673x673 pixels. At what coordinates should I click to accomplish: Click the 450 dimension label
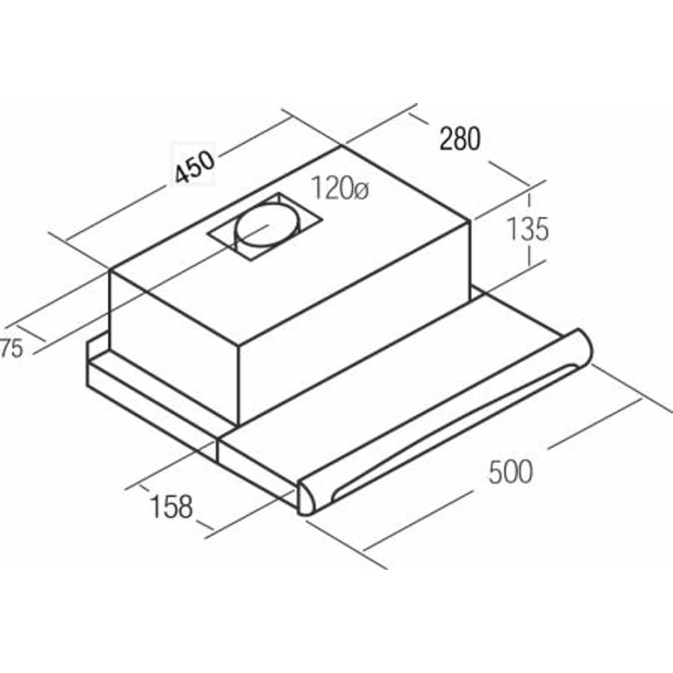[194, 167]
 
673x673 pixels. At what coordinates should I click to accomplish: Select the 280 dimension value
[460, 138]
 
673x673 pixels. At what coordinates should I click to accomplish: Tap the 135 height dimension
[527, 229]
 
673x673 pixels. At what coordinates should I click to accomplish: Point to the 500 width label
[511, 471]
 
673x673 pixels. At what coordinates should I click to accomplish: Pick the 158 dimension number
[170, 506]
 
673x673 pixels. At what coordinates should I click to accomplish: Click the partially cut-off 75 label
[11, 348]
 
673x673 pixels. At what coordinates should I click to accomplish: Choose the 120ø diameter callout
[339, 188]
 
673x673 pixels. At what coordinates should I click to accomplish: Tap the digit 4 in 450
[182, 173]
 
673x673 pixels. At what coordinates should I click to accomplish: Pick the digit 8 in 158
[185, 507]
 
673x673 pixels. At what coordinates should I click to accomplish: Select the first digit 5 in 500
[496, 471]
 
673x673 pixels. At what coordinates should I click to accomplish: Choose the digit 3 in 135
[526, 229]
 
